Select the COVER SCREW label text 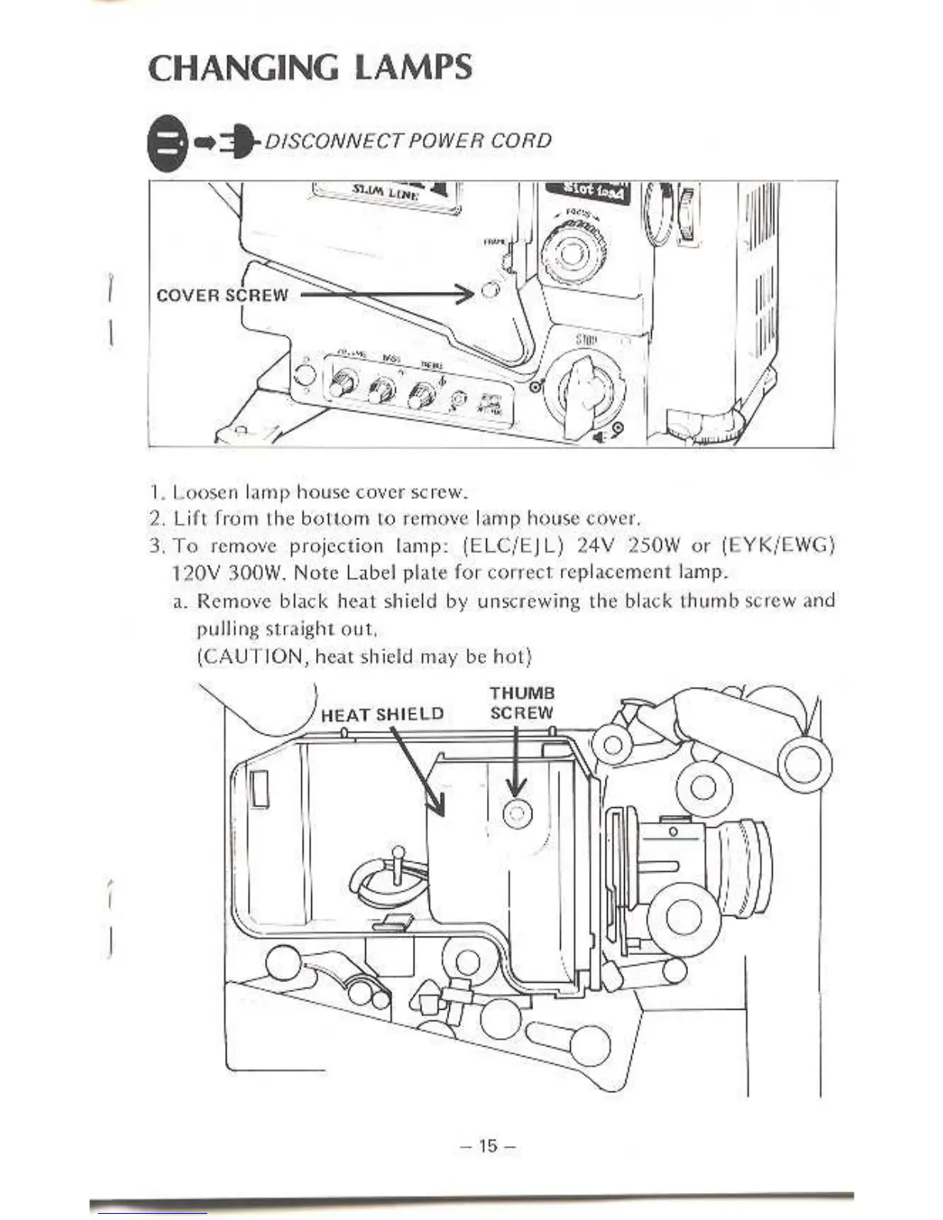[x=222, y=295]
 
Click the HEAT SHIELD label [x=382, y=714]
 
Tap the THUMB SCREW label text [x=522, y=702]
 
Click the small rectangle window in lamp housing [x=260, y=790]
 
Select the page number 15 [x=488, y=1145]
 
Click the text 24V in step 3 [x=594, y=546]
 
